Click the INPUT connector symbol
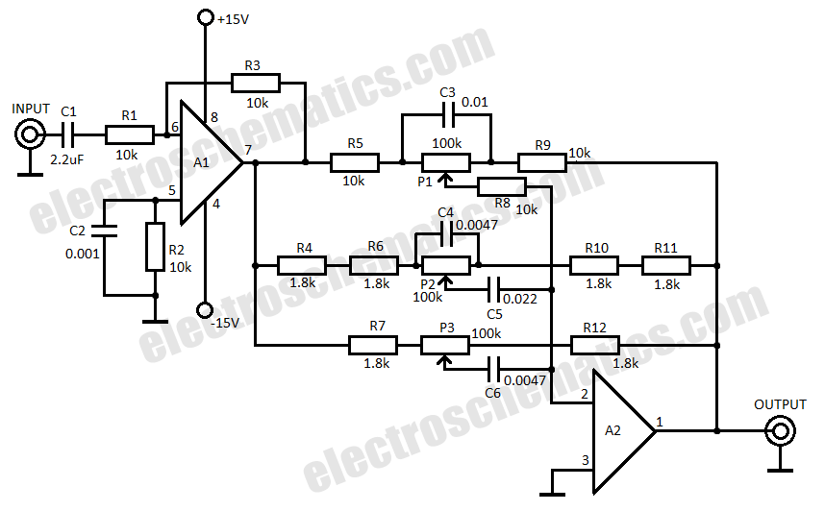(x=30, y=134)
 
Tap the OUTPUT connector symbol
(x=780, y=431)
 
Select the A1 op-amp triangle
(x=212, y=163)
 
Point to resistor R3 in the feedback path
(x=256, y=83)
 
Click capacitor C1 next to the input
(x=68, y=135)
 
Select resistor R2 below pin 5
(x=155, y=247)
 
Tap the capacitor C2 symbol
(x=104, y=231)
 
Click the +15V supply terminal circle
(x=205, y=17)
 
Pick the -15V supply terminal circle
(x=205, y=310)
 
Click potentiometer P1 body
(x=445, y=163)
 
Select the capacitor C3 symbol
(x=447, y=115)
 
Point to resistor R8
(x=502, y=186)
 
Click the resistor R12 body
(x=595, y=346)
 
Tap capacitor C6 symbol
(x=493, y=370)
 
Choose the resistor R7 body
(x=373, y=346)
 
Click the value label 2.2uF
(x=66, y=159)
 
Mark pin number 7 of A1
(x=248, y=150)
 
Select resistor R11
(x=666, y=266)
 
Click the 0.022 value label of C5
(x=520, y=299)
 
